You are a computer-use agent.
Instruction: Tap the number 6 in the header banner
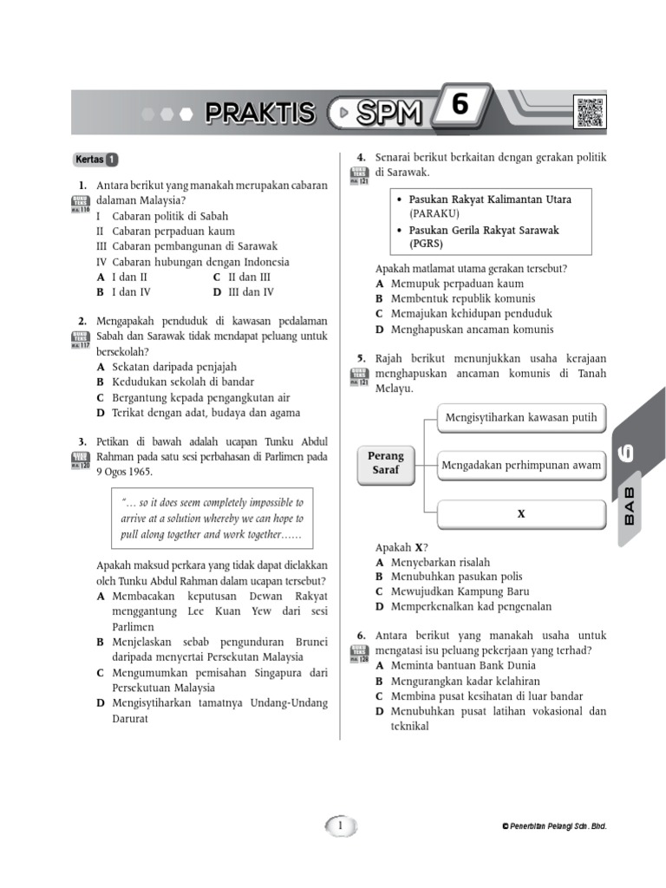coord(460,107)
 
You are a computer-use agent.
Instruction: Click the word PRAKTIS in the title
coord(260,113)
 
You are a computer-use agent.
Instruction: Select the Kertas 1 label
coord(95,160)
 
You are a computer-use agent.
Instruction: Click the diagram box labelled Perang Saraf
coord(386,464)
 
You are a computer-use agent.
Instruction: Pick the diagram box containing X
coord(521,514)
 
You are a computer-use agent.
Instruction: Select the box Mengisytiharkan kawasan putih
coord(521,418)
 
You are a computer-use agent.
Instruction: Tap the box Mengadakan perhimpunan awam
coord(521,466)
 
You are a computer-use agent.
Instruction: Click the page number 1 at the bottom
coord(341,826)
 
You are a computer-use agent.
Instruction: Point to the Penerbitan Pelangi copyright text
coord(555,826)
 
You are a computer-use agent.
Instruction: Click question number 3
coord(82,441)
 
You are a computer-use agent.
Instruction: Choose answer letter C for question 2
coord(101,398)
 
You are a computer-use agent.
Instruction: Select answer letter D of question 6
coord(380,712)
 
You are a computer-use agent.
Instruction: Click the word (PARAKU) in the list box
coord(434,213)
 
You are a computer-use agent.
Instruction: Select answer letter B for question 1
coord(101,293)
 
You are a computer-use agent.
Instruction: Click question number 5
coord(361,358)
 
